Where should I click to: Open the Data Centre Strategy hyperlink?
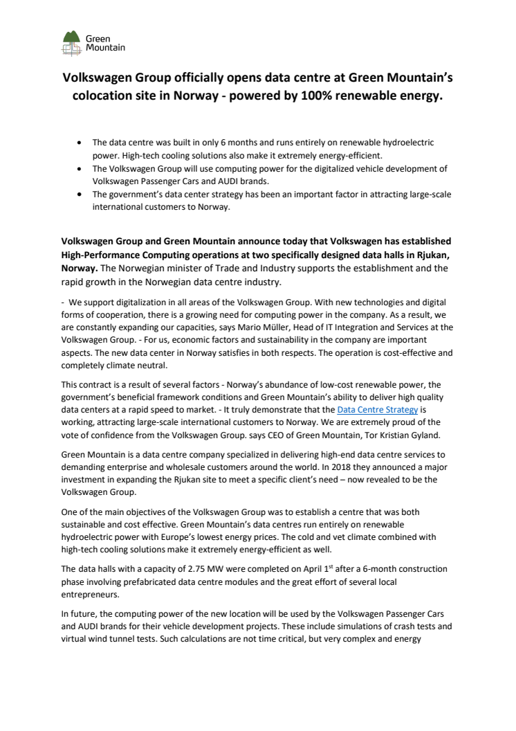pyautogui.click(x=377, y=409)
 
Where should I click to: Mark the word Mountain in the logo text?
pyautogui.click(x=105, y=48)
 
